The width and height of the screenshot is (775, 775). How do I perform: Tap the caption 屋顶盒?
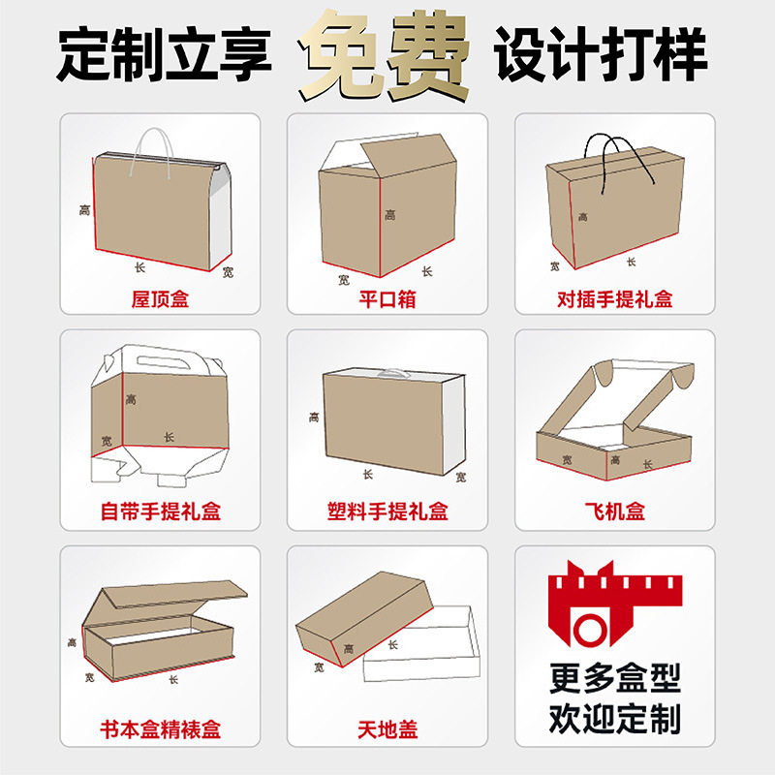160,298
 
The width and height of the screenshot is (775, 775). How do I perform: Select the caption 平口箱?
387,298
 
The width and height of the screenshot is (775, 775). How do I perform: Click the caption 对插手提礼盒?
614,298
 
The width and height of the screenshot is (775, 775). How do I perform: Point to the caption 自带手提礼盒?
160,511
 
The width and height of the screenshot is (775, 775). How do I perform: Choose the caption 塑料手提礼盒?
387,511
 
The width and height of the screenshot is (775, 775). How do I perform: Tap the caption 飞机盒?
614,511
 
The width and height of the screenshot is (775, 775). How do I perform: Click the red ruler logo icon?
614,610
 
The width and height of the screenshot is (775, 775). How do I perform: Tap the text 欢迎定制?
614,718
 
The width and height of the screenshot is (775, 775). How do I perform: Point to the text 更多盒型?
614,677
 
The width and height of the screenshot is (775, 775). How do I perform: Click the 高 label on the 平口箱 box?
389,215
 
